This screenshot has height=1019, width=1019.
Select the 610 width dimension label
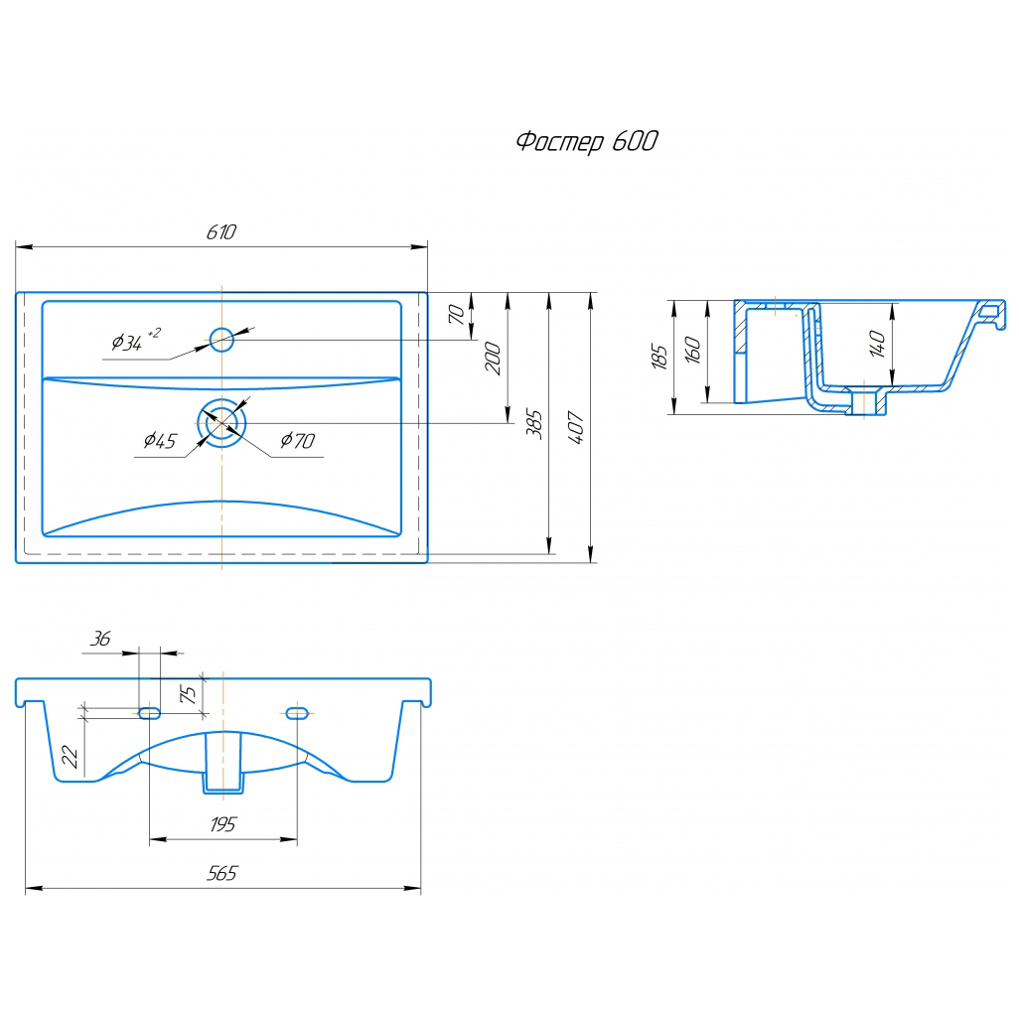click(x=220, y=232)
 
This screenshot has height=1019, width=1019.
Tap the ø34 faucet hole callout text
click(x=135, y=340)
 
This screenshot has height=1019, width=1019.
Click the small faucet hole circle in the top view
click(x=221, y=340)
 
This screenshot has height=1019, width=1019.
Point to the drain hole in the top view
click(x=221, y=423)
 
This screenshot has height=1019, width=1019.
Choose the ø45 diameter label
click(x=159, y=441)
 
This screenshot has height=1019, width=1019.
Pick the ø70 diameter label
click(x=298, y=441)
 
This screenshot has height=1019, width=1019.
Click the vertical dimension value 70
click(x=456, y=315)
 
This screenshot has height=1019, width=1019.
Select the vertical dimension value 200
click(x=494, y=359)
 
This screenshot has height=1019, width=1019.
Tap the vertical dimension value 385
click(x=534, y=424)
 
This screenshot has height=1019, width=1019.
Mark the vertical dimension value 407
click(x=576, y=427)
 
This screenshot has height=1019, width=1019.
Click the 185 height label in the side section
click(x=658, y=357)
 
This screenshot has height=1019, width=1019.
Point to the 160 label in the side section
click(x=693, y=351)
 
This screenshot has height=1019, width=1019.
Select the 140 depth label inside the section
click(x=877, y=344)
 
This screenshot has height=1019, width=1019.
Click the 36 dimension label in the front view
click(x=100, y=639)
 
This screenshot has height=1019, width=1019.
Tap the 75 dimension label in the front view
click(x=188, y=694)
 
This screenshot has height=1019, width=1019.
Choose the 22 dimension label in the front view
click(x=70, y=757)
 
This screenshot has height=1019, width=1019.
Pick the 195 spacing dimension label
click(x=222, y=824)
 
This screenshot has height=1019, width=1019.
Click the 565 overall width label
click(x=222, y=873)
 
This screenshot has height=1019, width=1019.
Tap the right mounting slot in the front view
click(x=297, y=713)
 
